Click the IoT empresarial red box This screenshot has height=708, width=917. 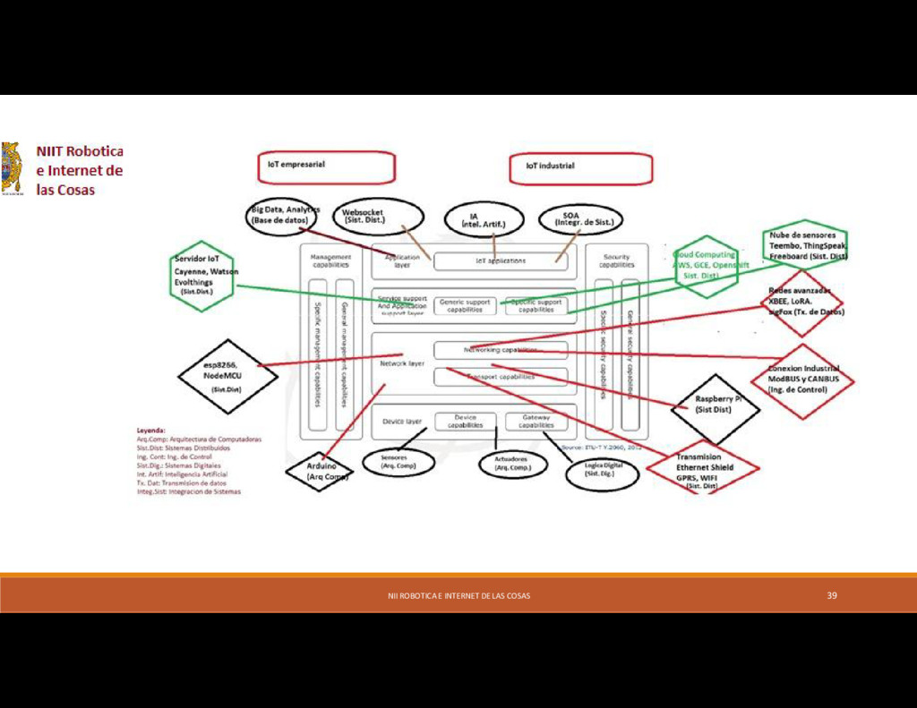tap(326, 166)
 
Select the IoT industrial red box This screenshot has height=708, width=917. tap(581, 168)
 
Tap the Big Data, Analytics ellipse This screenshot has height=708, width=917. tap(282, 216)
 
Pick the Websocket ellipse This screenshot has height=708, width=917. tap(377, 217)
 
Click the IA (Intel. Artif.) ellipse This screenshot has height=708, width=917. tap(484, 219)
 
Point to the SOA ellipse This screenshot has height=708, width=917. tap(580, 219)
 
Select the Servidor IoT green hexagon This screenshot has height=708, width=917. tap(202, 275)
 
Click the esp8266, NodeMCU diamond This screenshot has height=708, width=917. tap(219, 376)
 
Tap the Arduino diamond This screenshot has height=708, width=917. tap(319, 471)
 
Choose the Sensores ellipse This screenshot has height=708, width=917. tap(399, 462)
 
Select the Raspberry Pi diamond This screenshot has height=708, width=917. tap(715, 408)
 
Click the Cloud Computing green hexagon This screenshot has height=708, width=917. tap(707, 266)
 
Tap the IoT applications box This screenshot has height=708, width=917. tap(501, 261)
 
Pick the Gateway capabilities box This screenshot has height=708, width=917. tap(536, 422)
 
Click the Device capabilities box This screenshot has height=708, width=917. tap(465, 422)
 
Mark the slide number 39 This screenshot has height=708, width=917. tap(832, 595)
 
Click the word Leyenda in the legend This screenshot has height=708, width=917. tap(150, 431)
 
